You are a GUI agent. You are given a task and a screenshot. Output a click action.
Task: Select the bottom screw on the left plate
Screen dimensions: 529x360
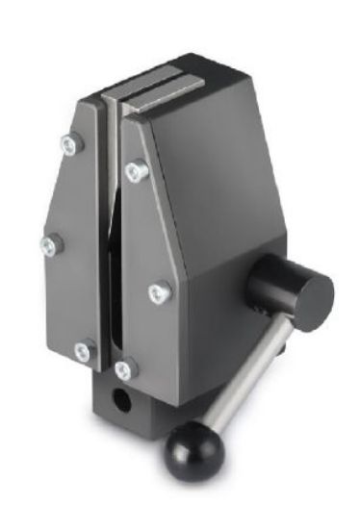84,352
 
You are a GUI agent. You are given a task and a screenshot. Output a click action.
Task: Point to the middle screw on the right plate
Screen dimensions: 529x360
159,290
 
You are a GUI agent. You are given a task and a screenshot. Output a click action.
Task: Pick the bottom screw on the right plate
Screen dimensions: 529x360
125,368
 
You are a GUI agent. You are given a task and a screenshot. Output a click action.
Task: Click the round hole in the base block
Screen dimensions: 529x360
121,398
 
